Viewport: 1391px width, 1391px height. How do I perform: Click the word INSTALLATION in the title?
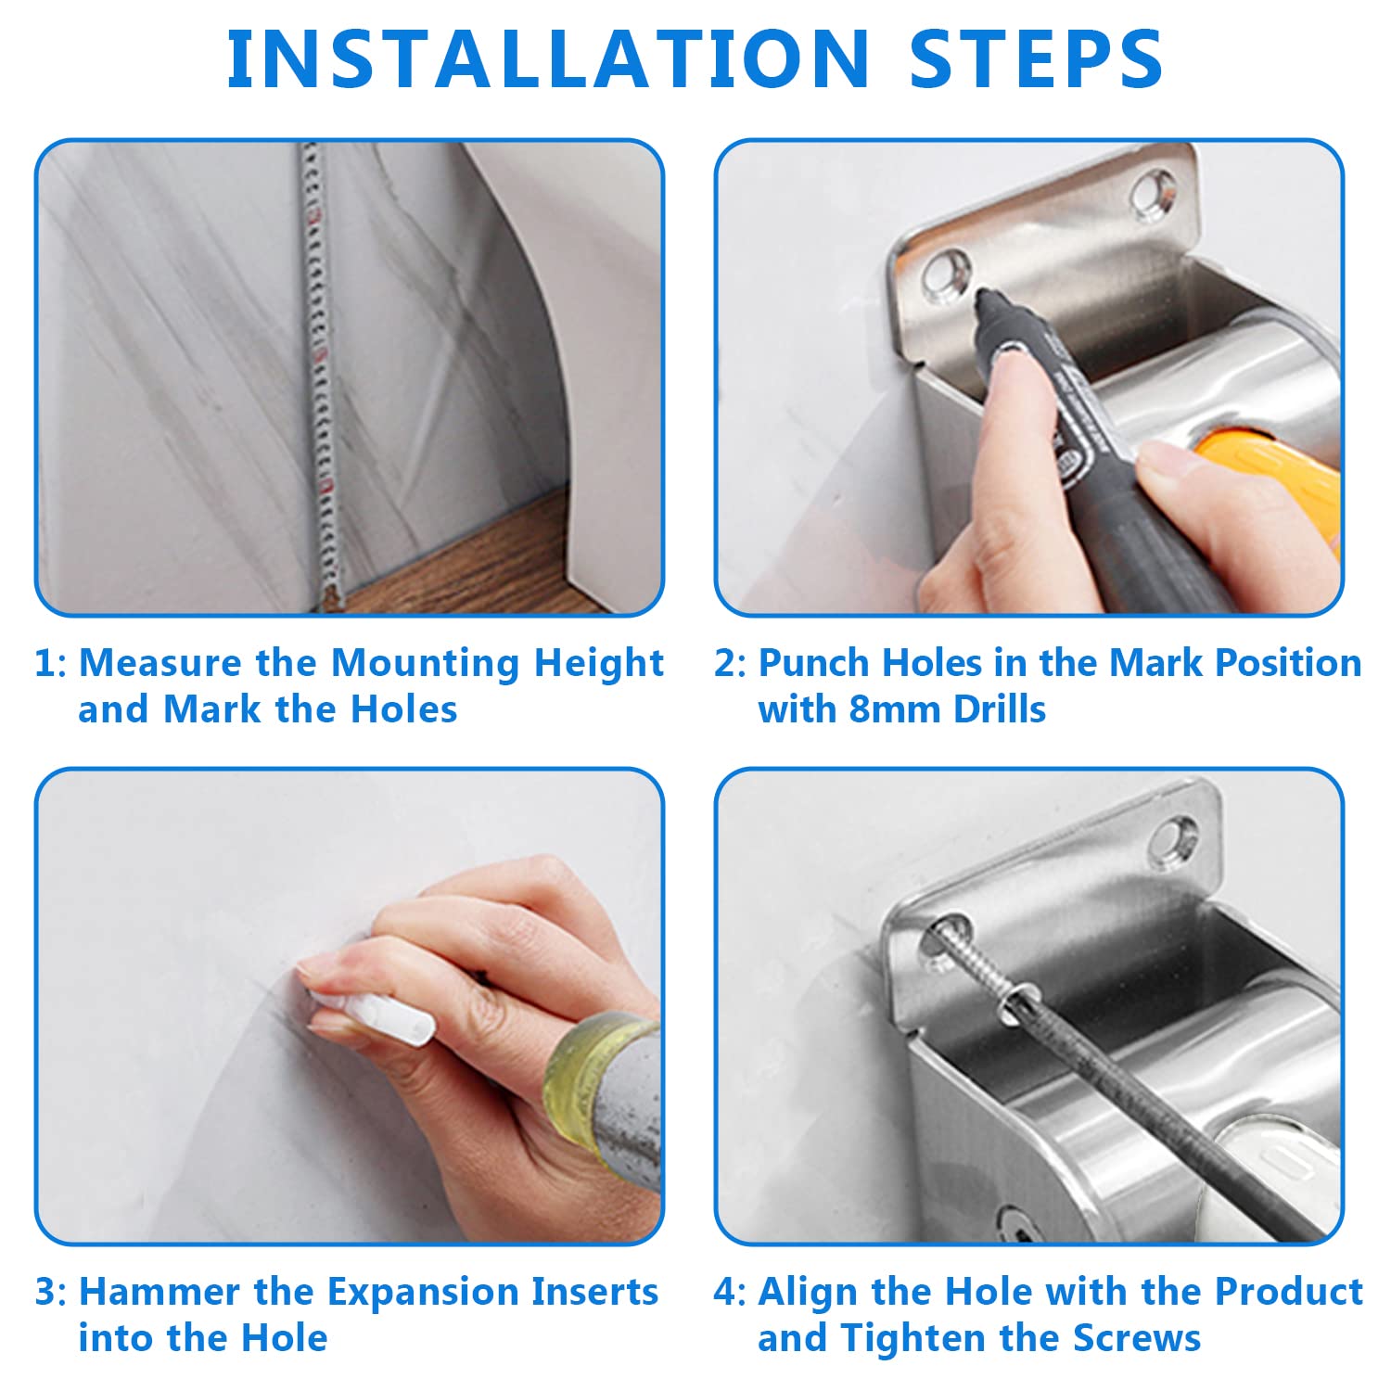(x=548, y=58)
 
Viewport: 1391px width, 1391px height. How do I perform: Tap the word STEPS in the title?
(x=1037, y=58)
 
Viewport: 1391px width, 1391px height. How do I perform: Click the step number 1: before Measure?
(x=51, y=664)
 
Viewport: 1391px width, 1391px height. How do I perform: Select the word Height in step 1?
(x=599, y=664)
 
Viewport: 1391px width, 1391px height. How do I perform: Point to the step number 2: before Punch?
(x=730, y=664)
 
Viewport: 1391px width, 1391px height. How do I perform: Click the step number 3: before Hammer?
(x=51, y=1293)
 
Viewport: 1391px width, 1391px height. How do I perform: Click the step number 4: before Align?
(x=730, y=1293)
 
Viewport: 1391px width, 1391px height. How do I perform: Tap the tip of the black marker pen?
(x=979, y=296)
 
